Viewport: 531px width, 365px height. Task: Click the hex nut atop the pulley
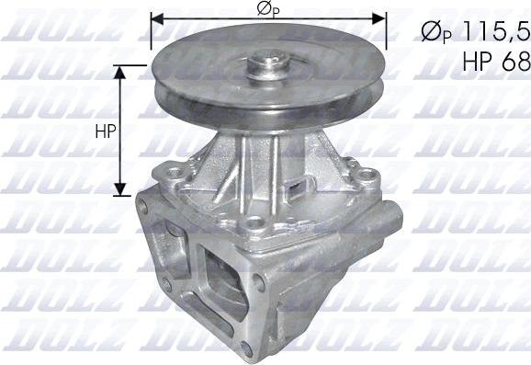pyautogui.click(x=269, y=63)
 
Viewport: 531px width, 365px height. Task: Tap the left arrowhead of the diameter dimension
pyautogui.click(x=157, y=19)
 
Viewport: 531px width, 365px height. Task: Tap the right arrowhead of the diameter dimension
pyautogui.click(x=379, y=19)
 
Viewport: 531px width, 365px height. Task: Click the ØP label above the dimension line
pyautogui.click(x=268, y=9)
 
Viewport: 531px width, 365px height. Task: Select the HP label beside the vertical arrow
pyautogui.click(x=106, y=131)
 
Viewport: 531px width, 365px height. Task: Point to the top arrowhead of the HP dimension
pyautogui.click(x=120, y=72)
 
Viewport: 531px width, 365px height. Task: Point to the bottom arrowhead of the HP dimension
pyautogui.click(x=120, y=189)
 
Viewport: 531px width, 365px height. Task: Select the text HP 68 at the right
pyautogui.click(x=496, y=62)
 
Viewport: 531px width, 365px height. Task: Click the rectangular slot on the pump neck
pyautogui.click(x=298, y=186)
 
